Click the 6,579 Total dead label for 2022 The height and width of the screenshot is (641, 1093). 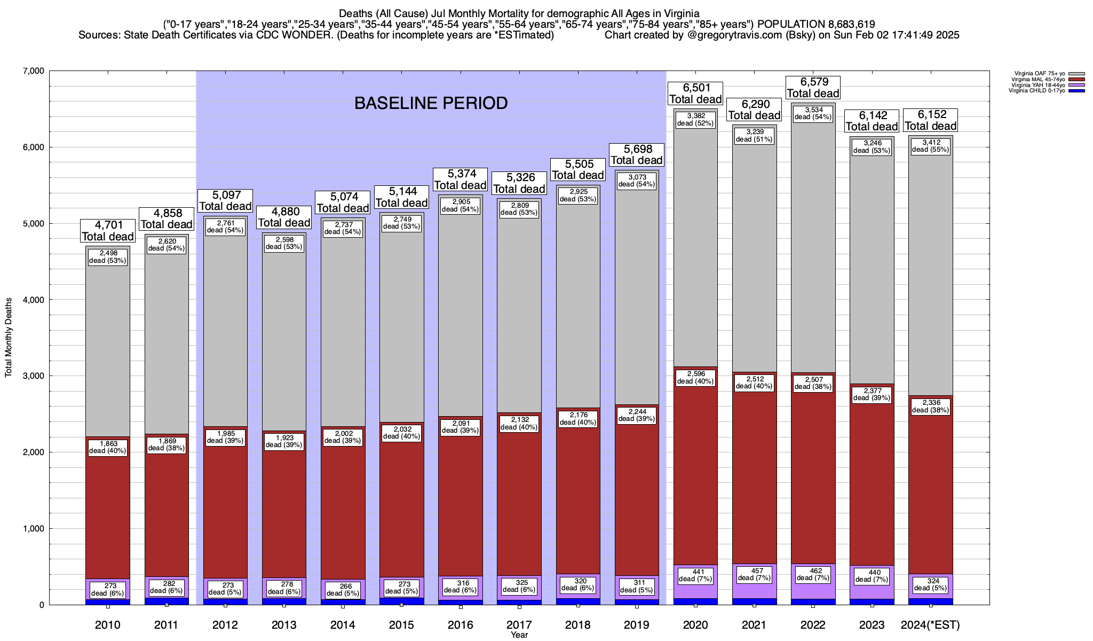(813, 88)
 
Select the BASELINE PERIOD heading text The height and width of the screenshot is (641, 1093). (431, 103)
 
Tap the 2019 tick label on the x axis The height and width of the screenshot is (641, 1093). (636, 624)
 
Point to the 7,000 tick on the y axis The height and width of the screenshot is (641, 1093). (33, 71)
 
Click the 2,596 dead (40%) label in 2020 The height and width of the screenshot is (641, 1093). (695, 377)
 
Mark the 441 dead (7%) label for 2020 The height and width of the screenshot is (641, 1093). (695, 575)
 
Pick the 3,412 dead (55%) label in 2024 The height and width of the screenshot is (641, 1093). (930, 146)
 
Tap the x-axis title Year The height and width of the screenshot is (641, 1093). (519, 635)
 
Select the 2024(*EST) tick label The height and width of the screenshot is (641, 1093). (930, 624)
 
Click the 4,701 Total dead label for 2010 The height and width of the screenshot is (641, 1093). (107, 231)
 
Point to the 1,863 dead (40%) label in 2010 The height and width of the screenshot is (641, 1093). (107, 447)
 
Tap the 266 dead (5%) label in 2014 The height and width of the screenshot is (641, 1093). (343, 590)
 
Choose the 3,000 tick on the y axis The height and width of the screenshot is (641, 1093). (33, 376)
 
